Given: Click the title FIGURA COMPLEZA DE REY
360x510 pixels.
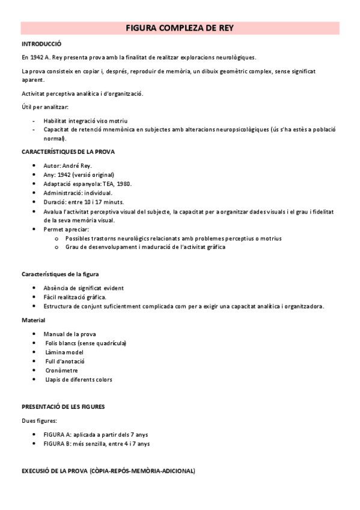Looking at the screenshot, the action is coord(180,28).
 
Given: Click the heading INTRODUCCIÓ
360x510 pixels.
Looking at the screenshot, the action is coord(41,45).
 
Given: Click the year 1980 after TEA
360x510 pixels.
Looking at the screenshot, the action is coord(123,183).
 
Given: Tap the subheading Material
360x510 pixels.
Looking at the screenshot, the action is coord(33,320).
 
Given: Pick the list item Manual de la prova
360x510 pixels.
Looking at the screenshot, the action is coord(69,334).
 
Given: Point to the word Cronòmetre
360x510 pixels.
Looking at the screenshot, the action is coord(61,370).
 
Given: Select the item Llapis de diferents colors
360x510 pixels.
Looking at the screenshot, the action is coord(78,379).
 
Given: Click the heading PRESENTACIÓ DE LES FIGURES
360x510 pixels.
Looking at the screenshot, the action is coord(63,407).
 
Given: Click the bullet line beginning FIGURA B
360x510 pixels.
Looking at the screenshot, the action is coord(96,443).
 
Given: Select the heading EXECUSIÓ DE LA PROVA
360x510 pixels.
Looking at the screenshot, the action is coord(108,470).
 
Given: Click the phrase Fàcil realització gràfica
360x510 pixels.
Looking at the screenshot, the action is coord(75,297).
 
